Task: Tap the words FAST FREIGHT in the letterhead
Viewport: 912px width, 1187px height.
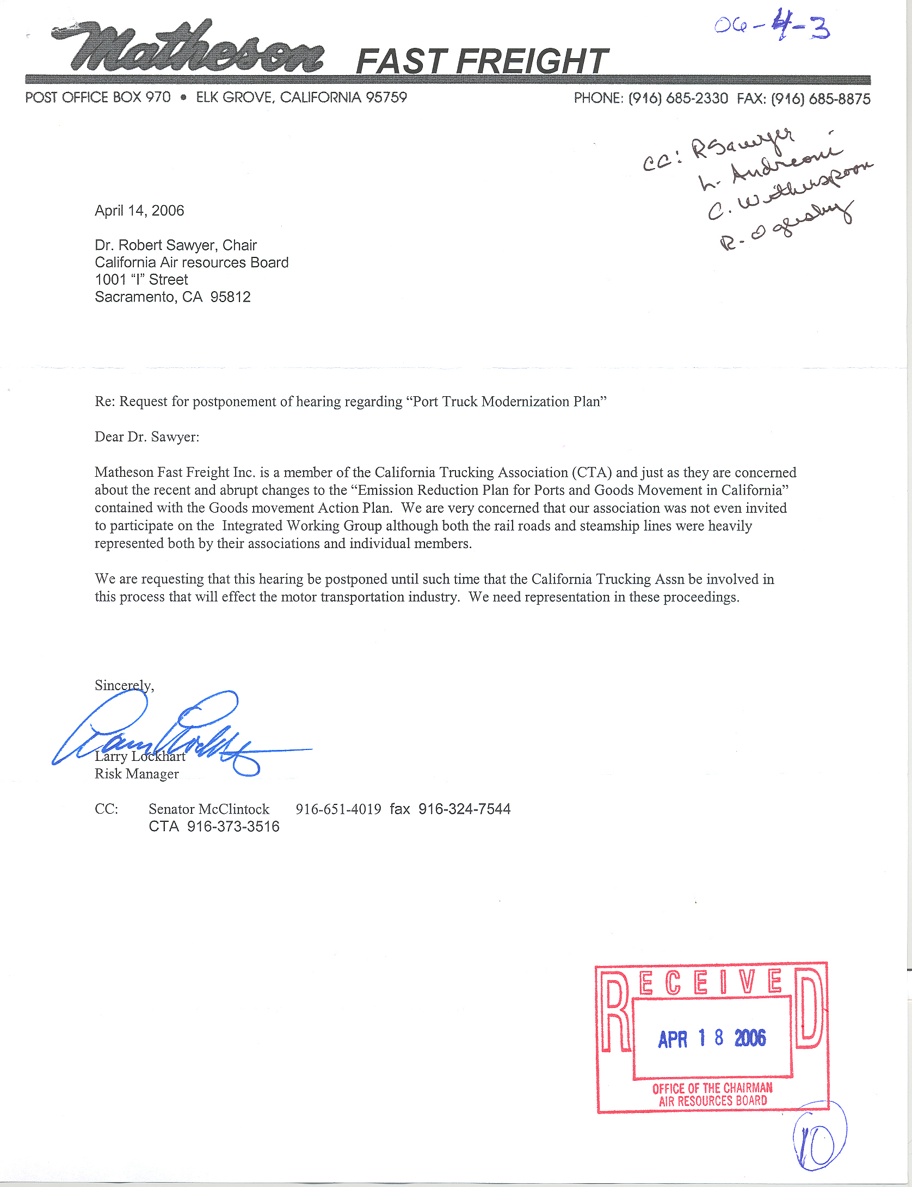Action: [x=482, y=61]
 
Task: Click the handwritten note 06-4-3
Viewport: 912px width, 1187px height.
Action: [x=772, y=26]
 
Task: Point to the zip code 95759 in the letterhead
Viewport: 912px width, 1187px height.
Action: [x=386, y=97]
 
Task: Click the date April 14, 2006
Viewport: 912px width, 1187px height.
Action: [x=139, y=211]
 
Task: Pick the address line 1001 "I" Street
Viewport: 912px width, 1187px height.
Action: [x=141, y=280]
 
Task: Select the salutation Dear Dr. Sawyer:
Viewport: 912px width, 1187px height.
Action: [x=147, y=437]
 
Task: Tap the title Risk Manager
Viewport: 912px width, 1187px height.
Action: [x=137, y=774]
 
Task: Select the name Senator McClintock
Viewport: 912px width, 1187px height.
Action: [x=209, y=809]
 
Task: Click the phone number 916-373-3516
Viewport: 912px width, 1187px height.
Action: [x=233, y=827]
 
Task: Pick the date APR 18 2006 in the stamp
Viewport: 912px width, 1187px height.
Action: [x=712, y=1038]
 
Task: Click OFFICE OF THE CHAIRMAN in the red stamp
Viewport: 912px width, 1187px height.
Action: [x=712, y=1088]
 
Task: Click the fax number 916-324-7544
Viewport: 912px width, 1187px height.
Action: [x=464, y=809]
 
